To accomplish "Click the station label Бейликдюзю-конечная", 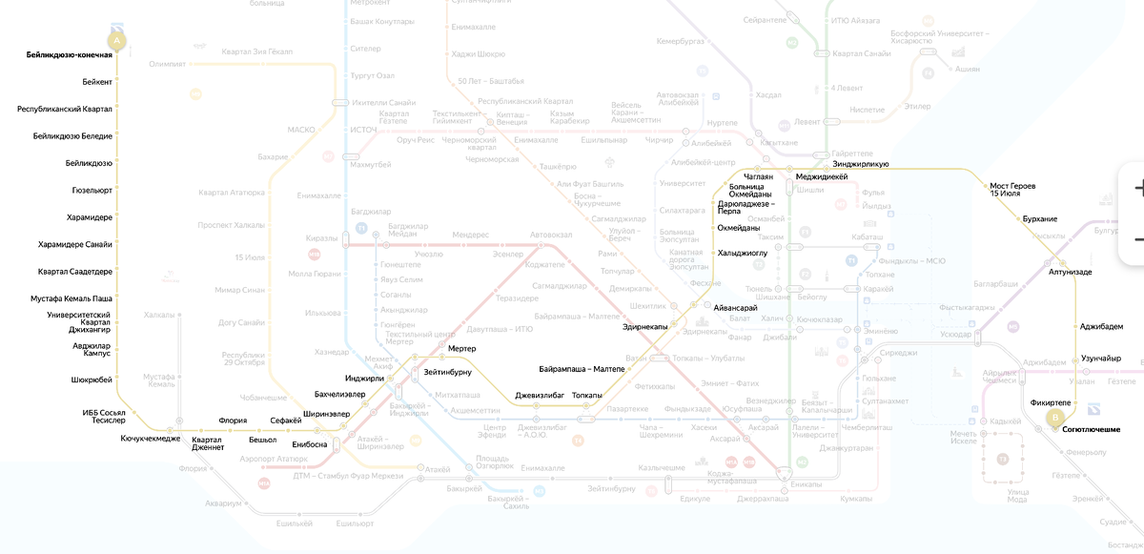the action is (x=70, y=55).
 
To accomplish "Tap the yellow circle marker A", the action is (x=117, y=42).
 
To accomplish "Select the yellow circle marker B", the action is (x=1055, y=417).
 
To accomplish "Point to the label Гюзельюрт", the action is (x=92, y=191).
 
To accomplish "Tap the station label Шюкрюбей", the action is (x=92, y=380).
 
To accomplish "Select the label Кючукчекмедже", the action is (x=151, y=439).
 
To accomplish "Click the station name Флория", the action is (x=233, y=421).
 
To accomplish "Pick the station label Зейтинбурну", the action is (x=448, y=359).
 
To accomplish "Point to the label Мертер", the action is (x=461, y=349).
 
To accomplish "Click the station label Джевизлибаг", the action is (x=540, y=395).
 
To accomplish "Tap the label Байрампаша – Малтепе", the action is (x=582, y=369).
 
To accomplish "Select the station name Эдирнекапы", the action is (x=644, y=327).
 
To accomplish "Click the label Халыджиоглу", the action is (x=743, y=253).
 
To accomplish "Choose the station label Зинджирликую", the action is (x=861, y=165).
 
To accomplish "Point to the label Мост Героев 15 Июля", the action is (x=1012, y=190).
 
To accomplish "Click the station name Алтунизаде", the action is (x=1071, y=273).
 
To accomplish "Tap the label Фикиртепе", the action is (x=1051, y=403).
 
